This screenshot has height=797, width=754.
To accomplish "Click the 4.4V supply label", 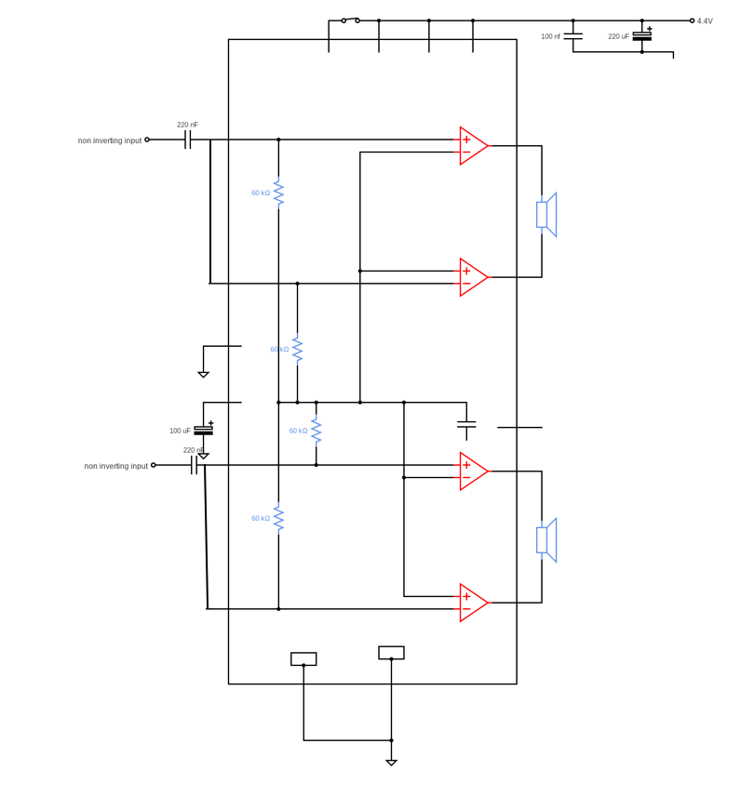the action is [x=705, y=20].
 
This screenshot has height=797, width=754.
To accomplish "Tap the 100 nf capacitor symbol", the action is [x=572, y=36].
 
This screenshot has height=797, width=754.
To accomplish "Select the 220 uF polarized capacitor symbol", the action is [x=642, y=36].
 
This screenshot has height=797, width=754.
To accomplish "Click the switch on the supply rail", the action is [x=351, y=20].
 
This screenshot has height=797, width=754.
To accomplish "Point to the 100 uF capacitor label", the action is [x=180, y=431].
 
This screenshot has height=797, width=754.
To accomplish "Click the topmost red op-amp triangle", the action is [x=474, y=146].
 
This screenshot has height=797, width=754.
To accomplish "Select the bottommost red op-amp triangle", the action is [x=474, y=603].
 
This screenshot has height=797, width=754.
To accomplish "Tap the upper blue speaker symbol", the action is [x=546, y=215].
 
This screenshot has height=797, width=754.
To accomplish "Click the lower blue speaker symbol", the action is [x=546, y=539].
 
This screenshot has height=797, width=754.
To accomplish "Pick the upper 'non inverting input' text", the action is [x=110, y=140].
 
